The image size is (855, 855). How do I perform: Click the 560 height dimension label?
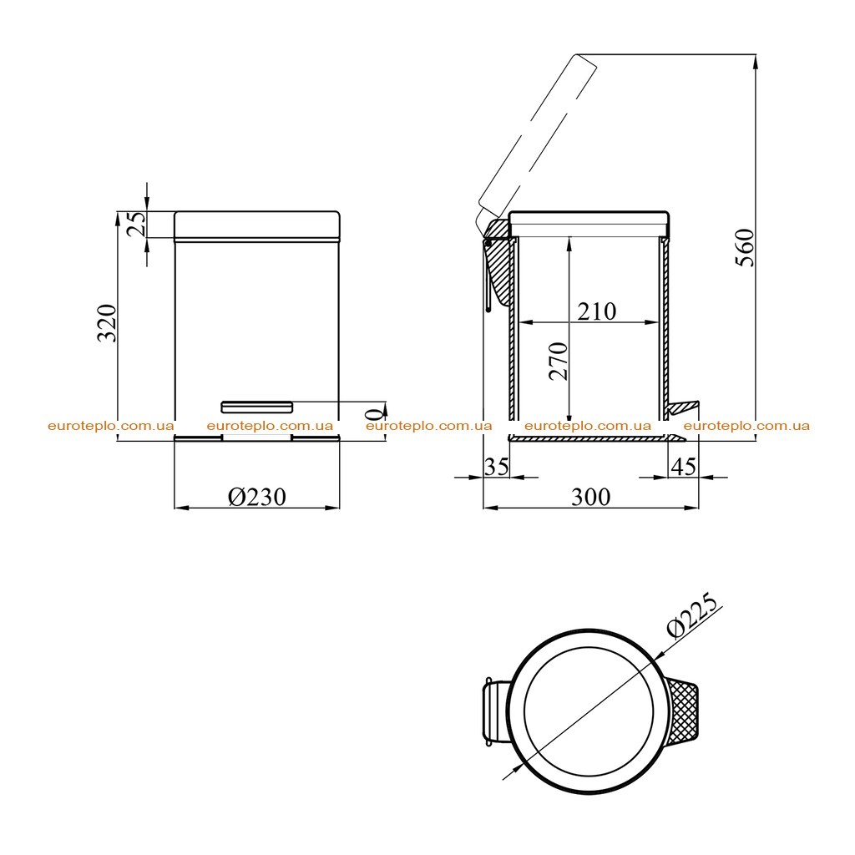tap(745, 247)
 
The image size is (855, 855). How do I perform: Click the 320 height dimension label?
tap(107, 323)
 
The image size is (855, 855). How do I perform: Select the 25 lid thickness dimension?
tap(136, 224)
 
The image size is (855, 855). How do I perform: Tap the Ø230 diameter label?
tap(257, 497)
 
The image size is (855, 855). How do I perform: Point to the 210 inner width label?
tap(596, 311)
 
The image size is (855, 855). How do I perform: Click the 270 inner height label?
tap(559, 361)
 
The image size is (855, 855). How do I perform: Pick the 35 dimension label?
tap(496, 467)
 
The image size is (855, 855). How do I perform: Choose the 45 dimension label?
tap(683, 467)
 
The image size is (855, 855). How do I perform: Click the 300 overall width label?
tap(590, 497)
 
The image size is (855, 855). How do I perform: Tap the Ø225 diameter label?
tap(692, 615)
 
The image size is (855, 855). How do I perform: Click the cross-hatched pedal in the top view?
tap(683, 711)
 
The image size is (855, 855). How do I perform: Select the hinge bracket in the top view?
tap(494, 711)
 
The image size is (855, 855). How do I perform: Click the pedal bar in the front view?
tap(257, 407)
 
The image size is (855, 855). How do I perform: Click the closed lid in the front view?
tap(257, 225)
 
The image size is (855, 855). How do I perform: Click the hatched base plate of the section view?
tap(596, 438)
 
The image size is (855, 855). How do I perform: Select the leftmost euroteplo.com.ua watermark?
tap(111, 426)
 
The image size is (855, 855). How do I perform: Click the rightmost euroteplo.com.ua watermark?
tap(746, 426)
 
